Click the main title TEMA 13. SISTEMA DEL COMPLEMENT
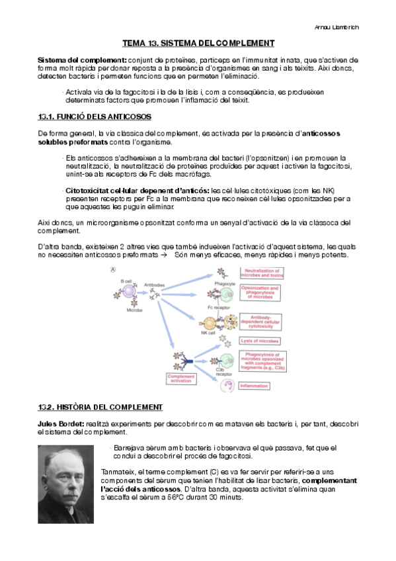pos(198,44)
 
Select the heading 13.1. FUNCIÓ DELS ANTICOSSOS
pos(95,117)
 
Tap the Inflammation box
pos(253,385)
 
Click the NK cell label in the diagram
pos(208,333)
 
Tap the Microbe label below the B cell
pos(135,310)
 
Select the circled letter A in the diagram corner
pos(113,269)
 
